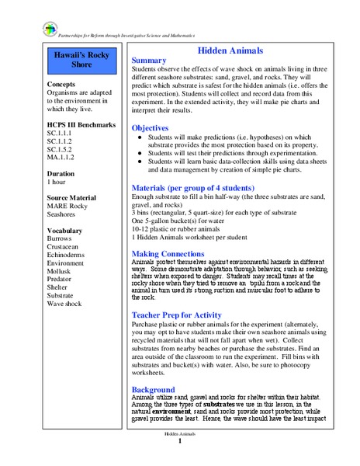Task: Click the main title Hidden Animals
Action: [x=230, y=50]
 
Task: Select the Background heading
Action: [x=154, y=389]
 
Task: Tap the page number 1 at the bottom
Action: [x=179, y=441]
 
